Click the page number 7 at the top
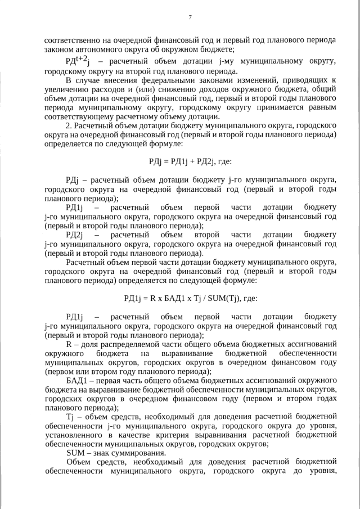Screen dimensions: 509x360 pos(190,17)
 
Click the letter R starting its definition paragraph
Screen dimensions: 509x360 pos(69,344)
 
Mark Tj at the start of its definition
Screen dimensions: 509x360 pos(70,417)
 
